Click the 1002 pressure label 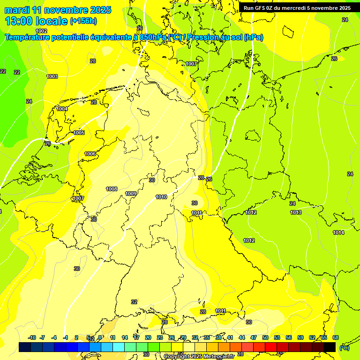(41, 31)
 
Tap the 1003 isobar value (52, 76)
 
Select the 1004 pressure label (62, 109)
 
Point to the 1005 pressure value (79, 133)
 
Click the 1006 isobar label (90, 154)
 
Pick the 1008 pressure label (112, 189)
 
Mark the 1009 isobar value (131, 194)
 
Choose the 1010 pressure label (161, 197)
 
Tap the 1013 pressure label (295, 212)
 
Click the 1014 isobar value (338, 232)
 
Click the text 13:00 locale (36, 21)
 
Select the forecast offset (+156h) (83, 21)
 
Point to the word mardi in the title (17, 9)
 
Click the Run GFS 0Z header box (297, 8)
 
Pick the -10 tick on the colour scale (32, 337)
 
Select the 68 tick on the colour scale (336, 337)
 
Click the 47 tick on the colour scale (254, 337)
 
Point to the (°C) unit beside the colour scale (344, 347)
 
